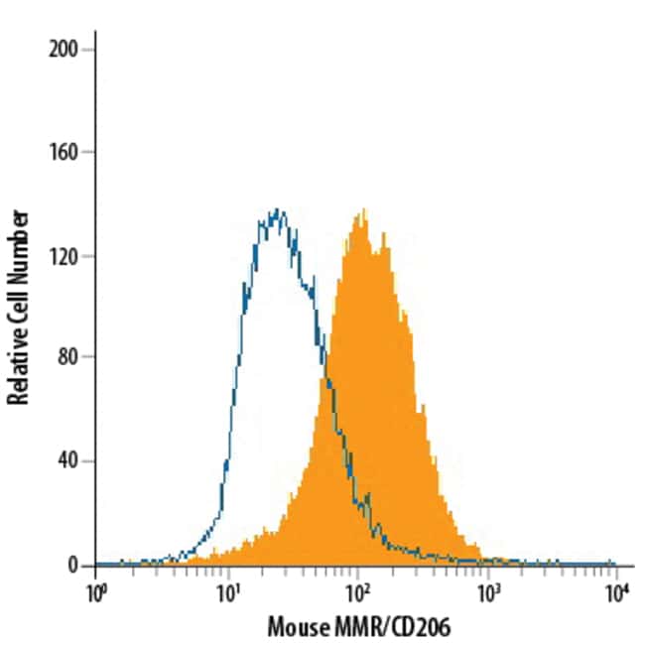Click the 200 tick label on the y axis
(x=66, y=49)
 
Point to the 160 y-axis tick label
(x=66, y=152)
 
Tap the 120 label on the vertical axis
(x=66, y=256)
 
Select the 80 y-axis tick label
(x=71, y=358)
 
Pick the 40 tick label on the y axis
(x=71, y=461)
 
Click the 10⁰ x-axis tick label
(x=96, y=592)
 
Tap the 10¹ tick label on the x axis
(x=227, y=592)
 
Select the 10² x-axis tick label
(x=357, y=592)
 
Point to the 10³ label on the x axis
(x=487, y=592)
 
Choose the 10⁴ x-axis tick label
(x=617, y=592)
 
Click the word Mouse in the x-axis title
(x=295, y=628)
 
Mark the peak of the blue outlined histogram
(x=277, y=209)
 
